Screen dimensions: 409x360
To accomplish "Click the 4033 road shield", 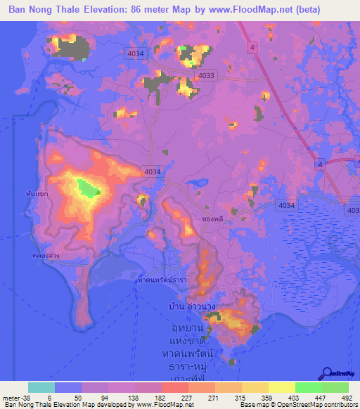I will pos(207,75).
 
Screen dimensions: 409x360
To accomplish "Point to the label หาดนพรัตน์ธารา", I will pos(163,279).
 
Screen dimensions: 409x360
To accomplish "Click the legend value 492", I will pos(347,396).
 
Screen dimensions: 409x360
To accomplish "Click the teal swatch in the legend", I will pos(41,387).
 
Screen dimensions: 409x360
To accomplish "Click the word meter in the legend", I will pos(10,396).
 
